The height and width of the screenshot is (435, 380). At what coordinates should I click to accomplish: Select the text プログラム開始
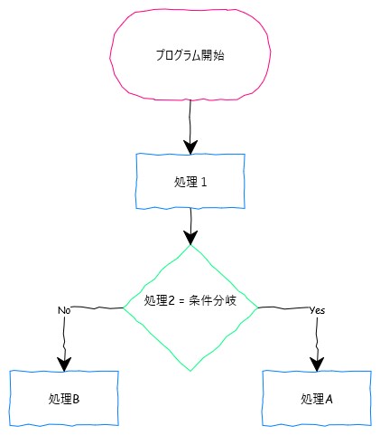click(x=190, y=55)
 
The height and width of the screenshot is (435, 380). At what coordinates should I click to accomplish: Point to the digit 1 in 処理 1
click(x=204, y=182)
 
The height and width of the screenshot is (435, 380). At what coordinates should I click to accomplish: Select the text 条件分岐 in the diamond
click(x=213, y=300)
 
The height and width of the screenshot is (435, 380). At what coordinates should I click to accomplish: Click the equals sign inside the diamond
click(x=181, y=301)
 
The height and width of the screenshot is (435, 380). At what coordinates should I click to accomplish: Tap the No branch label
click(x=64, y=310)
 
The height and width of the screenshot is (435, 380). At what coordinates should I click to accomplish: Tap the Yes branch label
click(x=318, y=310)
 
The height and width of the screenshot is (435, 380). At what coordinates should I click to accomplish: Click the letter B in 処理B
click(x=76, y=399)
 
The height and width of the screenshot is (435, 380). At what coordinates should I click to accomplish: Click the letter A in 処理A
click(x=329, y=399)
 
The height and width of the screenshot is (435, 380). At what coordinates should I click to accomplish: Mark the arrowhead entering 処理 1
click(x=190, y=147)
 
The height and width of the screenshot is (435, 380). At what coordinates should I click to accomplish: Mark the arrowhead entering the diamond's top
click(x=190, y=238)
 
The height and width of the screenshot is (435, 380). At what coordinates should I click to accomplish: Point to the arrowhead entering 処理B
click(x=64, y=364)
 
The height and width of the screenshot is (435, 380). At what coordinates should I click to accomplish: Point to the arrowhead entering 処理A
click(x=317, y=364)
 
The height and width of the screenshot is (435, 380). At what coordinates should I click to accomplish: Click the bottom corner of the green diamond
click(x=190, y=371)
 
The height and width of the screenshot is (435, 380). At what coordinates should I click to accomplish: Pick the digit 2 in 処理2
click(x=171, y=301)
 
